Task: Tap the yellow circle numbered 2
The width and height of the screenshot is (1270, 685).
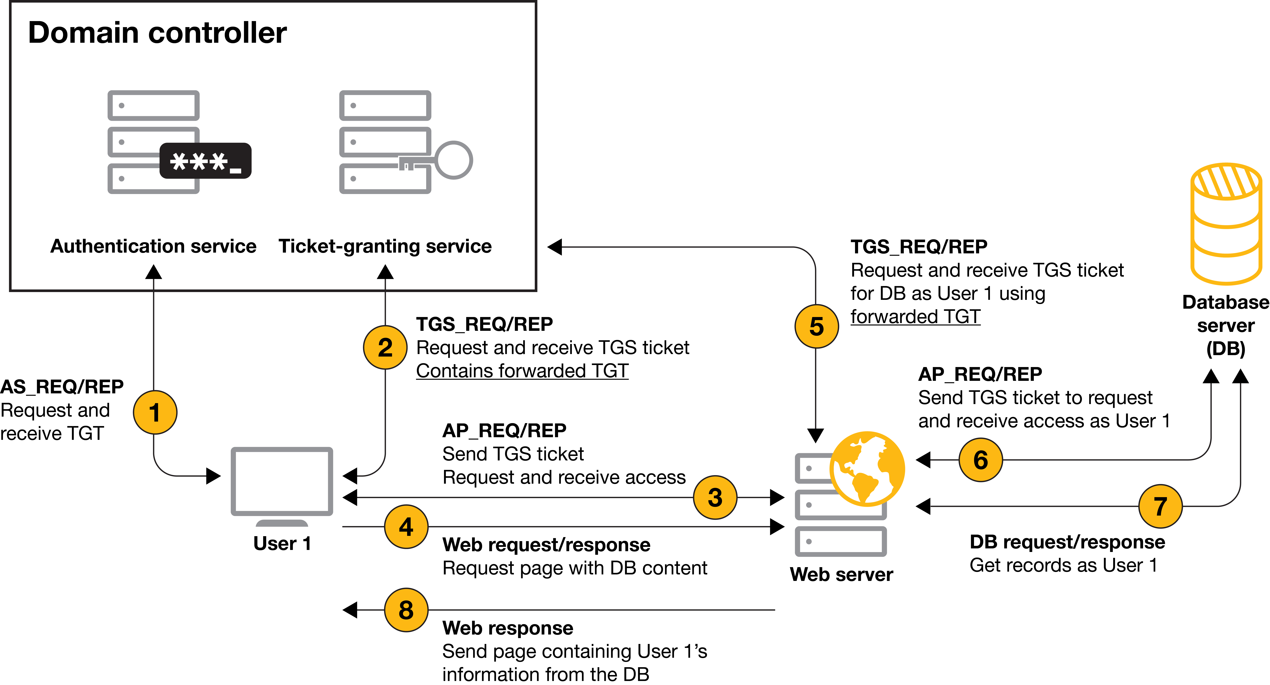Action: coord(385,347)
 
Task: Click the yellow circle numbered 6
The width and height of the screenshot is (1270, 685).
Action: coord(981,460)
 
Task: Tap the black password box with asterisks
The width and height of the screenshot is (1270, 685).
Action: coord(205,161)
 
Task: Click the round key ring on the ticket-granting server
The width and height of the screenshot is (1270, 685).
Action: coord(454,160)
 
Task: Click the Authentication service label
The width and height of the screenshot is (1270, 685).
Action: coord(153,246)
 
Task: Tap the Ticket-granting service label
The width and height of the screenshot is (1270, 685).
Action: coord(385,246)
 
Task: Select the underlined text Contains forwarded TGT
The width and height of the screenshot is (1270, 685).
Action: coord(522,371)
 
